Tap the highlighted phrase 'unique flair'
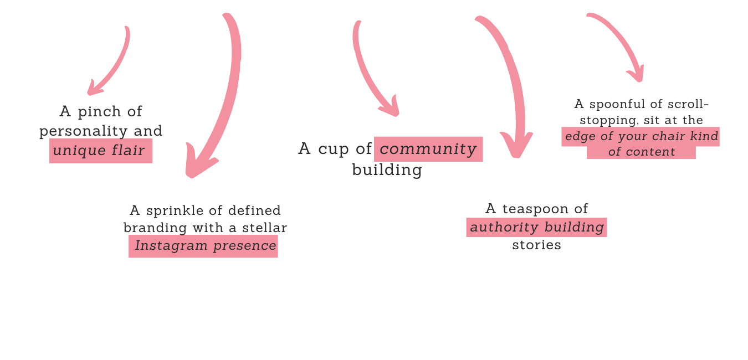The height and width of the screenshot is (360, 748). pos(99,150)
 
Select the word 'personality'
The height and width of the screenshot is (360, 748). pos(84,131)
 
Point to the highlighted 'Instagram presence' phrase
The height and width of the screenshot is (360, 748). pos(205,245)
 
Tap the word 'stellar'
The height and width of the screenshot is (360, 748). pos(265,228)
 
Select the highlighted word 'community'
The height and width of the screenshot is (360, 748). pos(428,149)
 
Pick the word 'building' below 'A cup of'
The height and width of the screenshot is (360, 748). pos(387,170)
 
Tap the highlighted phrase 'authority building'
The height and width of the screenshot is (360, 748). pos(537,227)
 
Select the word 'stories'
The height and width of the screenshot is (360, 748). pos(536,245)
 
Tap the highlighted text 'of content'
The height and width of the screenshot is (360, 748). pos(641,152)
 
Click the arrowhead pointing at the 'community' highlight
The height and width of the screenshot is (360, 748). pos(392,109)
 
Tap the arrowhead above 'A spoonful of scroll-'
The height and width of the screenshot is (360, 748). pos(638,75)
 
